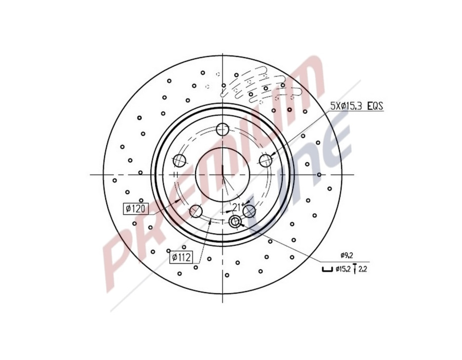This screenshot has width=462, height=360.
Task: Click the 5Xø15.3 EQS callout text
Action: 356,107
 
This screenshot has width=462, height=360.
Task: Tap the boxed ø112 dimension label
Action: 182,257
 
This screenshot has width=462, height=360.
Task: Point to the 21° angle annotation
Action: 236,207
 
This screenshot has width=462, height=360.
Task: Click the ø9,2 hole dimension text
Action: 347,255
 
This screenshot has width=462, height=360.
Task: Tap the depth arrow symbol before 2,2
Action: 355,269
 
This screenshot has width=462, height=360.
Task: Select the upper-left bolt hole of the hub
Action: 180,161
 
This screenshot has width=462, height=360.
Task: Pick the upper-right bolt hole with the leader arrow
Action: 265,161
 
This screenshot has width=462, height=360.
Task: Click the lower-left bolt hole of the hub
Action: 196,211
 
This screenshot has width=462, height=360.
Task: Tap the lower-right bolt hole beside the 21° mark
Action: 249,211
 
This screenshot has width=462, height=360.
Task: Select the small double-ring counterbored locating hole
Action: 235,222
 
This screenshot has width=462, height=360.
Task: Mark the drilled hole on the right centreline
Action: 319,175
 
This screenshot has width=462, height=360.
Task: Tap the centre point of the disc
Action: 222,175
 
